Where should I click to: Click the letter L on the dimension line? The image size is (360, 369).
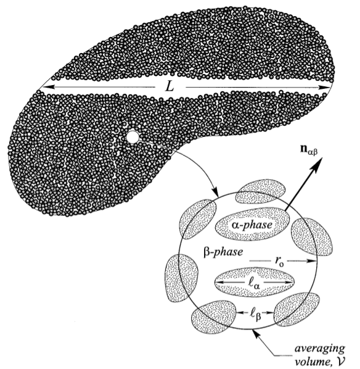click(x=170, y=87)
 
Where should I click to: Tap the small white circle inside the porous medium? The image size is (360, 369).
click(x=133, y=137)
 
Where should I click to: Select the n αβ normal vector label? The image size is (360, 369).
click(x=309, y=150)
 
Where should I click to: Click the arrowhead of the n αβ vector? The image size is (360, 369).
click(x=317, y=162)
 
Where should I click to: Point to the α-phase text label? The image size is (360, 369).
click(x=252, y=225)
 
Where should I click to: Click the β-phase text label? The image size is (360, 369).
click(x=223, y=252)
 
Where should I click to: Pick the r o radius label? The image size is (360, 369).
click(x=279, y=261)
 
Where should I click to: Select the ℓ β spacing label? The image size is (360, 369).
click(x=255, y=314)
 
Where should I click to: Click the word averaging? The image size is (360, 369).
click(x=319, y=349)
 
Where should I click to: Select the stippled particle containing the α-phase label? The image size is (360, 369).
click(x=252, y=224)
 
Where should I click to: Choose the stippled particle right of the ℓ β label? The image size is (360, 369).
click(x=297, y=310)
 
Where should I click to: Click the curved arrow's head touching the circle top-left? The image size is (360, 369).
click(x=215, y=192)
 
